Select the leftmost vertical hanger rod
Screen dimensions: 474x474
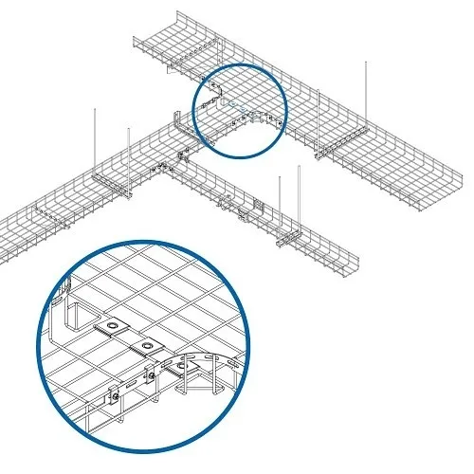point(96,137)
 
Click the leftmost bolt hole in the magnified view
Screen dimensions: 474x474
point(115,328)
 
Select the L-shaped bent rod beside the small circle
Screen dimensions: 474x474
point(178,127)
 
